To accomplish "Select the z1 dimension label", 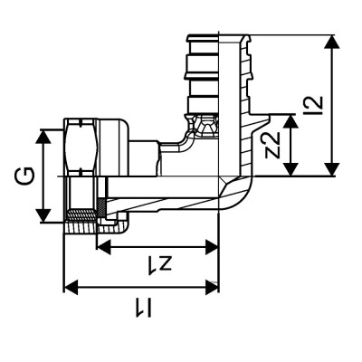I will [157, 263].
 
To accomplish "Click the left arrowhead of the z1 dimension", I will [102, 245].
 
